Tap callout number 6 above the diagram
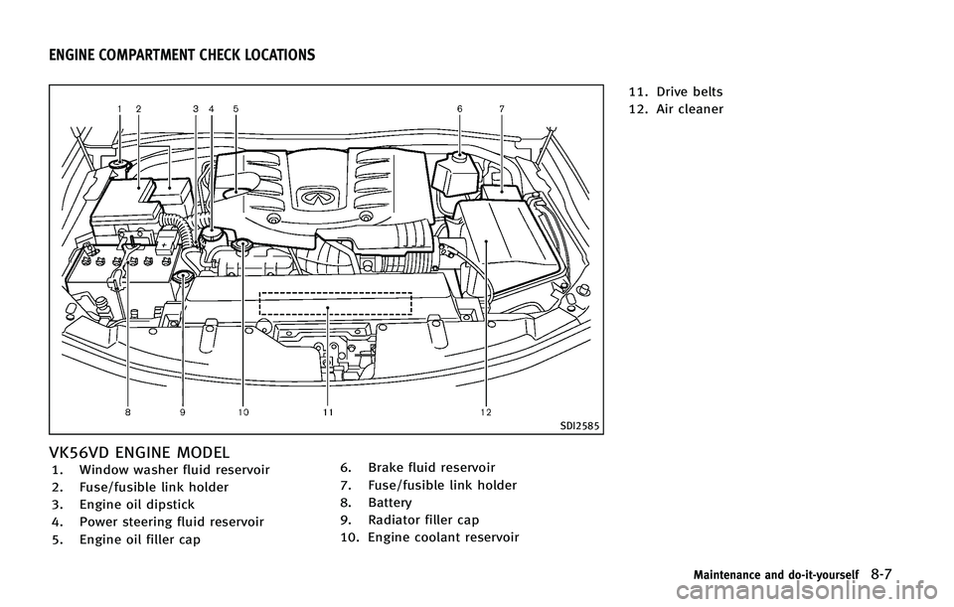460,107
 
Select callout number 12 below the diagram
485,410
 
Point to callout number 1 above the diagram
119,107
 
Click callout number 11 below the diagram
328,410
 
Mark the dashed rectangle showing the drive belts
335,303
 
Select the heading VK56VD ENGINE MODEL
145,451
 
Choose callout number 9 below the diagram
182,410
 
